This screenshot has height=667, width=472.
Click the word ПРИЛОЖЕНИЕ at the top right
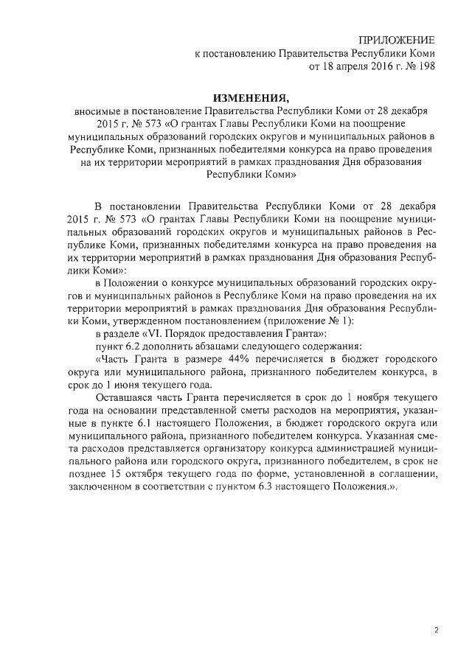pyautogui.click(x=396, y=39)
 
